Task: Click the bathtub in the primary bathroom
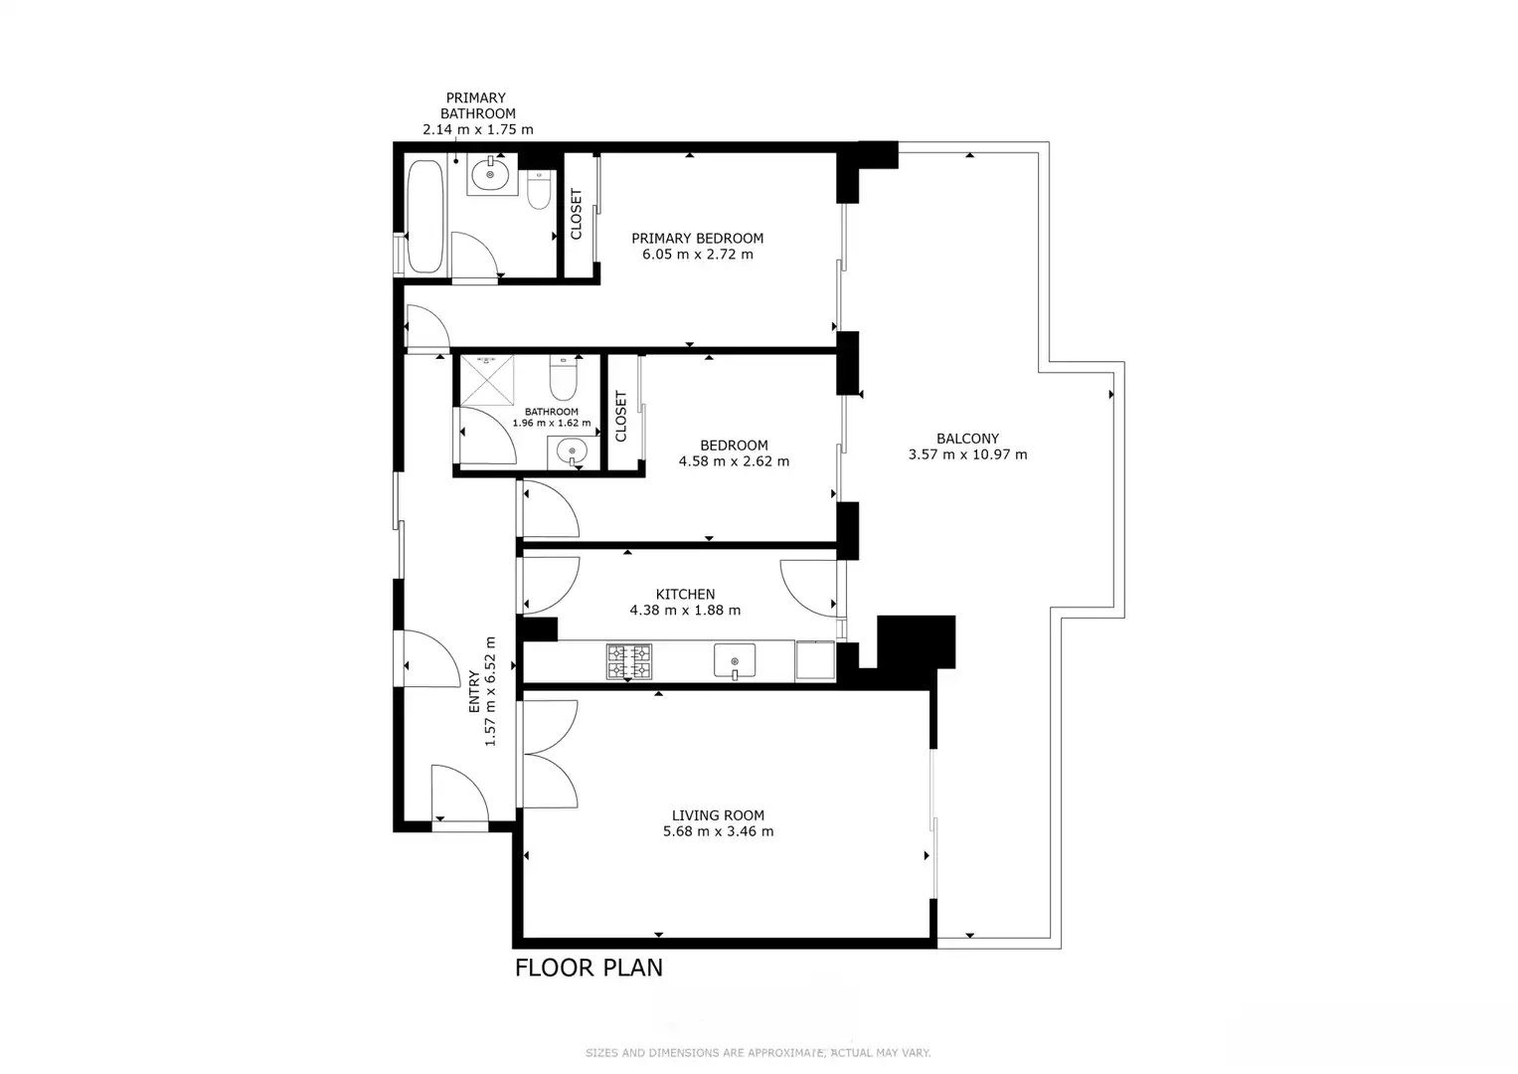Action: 424,217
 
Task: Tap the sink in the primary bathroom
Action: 491,175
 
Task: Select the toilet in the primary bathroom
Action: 540,189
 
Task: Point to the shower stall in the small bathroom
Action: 487,380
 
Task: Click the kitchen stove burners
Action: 629,661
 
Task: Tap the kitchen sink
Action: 735,660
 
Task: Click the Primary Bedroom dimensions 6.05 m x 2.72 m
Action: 697,255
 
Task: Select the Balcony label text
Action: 967,439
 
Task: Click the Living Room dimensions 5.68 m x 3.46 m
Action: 719,831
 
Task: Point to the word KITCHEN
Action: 685,594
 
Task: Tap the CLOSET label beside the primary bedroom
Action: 577,214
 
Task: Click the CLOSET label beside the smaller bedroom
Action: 620,417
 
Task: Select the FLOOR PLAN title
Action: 589,968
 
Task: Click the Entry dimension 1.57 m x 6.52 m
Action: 491,691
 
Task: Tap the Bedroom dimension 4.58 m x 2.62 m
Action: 734,461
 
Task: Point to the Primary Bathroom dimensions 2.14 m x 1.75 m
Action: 478,129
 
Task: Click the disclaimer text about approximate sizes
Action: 758,1053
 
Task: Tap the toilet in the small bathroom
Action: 563,378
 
